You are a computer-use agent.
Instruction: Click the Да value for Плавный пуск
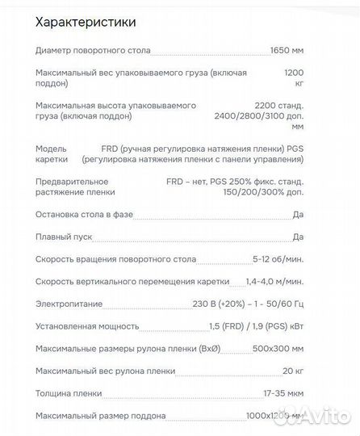298,237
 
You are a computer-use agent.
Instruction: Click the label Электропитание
65,304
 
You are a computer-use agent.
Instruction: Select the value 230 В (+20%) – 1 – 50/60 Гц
242,304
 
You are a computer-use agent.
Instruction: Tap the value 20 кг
292,371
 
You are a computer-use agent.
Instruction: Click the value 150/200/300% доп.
260,192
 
